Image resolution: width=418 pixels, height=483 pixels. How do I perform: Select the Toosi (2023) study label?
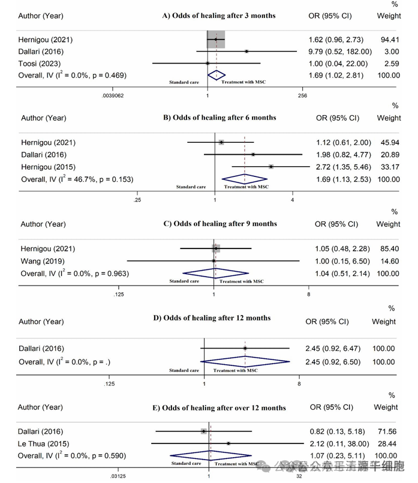(40, 64)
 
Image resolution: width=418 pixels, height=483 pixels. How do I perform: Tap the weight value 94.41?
(389, 40)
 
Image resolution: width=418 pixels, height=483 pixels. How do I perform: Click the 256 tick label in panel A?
(302, 95)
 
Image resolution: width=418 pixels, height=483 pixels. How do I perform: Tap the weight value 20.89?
(389, 155)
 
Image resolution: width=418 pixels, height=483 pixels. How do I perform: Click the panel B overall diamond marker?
(245, 179)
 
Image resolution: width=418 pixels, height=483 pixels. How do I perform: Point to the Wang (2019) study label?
(43, 261)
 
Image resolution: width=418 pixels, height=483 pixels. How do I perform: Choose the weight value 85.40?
(389, 249)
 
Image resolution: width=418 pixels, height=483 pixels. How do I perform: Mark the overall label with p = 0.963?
(75, 274)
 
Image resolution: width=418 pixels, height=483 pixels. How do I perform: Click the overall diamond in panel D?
(245, 362)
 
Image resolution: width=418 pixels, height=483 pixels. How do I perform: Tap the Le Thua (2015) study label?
(46, 443)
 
